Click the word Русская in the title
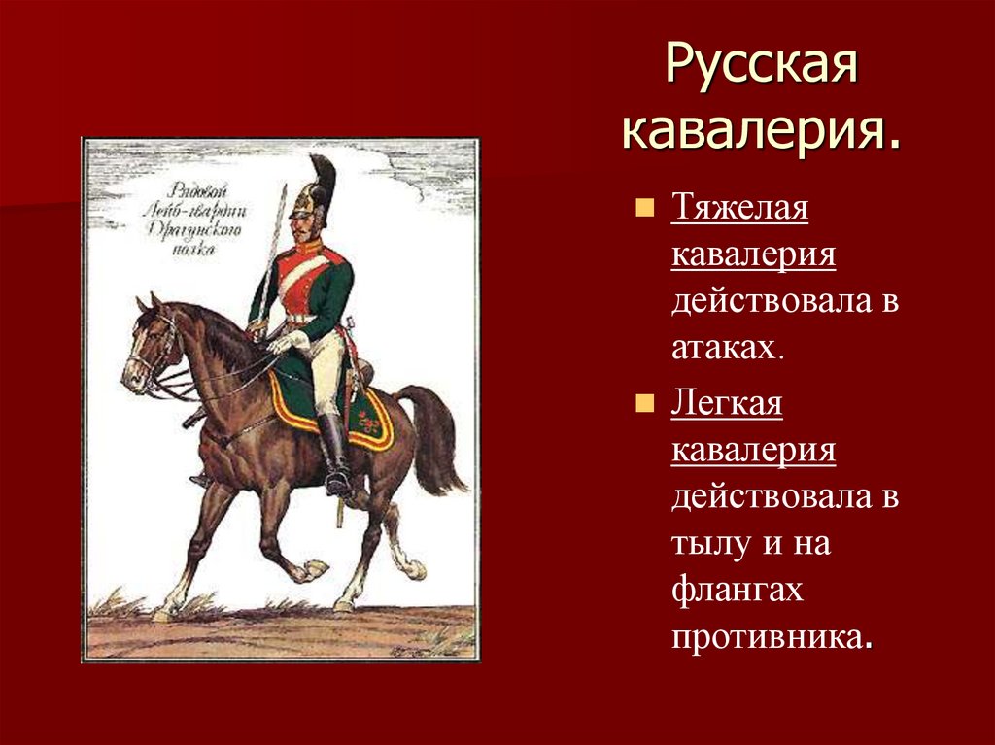(x=761, y=69)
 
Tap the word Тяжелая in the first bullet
(x=738, y=210)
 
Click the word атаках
(x=726, y=349)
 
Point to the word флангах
(x=736, y=591)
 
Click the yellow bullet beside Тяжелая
(x=644, y=208)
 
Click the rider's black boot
(x=333, y=452)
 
